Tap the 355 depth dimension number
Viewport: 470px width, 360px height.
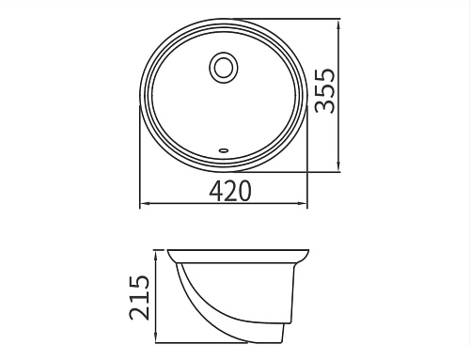tap(325, 90)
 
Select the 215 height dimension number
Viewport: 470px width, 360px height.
tap(139, 297)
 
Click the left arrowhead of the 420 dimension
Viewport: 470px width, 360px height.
tap(144, 204)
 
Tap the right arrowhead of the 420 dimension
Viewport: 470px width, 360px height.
tap(306, 204)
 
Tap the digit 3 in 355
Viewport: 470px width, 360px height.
tap(325, 106)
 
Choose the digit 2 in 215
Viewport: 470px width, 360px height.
tap(139, 312)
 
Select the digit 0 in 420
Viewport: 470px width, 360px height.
tap(244, 191)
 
